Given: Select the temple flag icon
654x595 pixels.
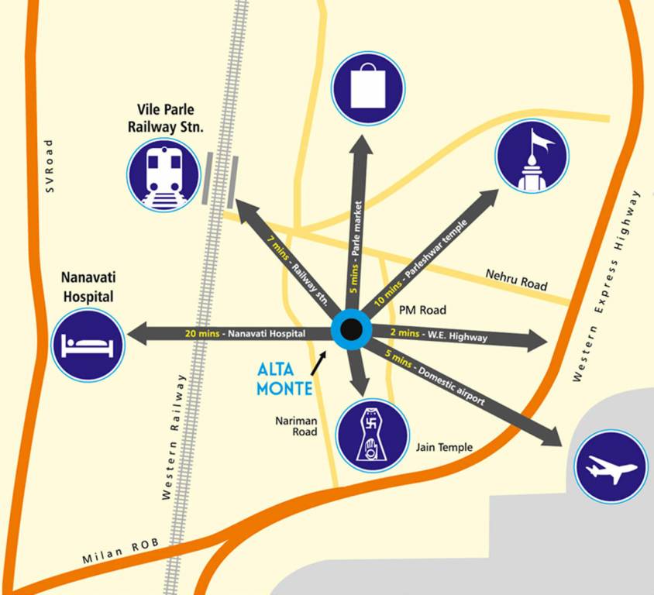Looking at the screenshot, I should (532, 156).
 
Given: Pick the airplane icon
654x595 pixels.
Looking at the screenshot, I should (611, 467).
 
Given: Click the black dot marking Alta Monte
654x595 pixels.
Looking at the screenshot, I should (351, 330).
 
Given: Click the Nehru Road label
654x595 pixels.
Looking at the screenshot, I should (516, 280).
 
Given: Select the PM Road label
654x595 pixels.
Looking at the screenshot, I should (423, 310).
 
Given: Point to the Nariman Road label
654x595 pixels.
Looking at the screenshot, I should (296, 426).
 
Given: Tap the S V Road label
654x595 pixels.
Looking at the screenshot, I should (51, 166).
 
